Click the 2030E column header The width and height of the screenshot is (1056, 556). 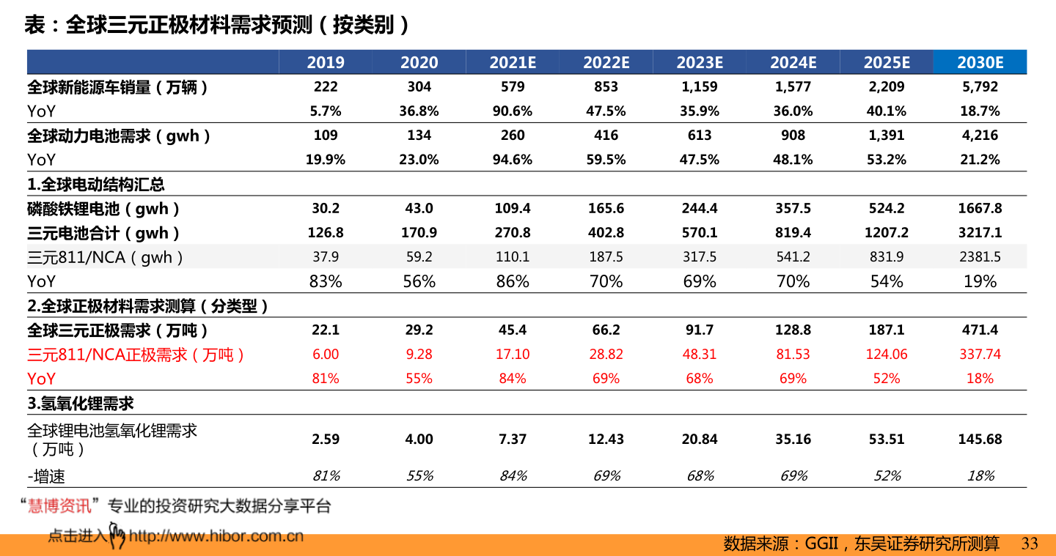pos(980,62)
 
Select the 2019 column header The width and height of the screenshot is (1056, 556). pos(326,62)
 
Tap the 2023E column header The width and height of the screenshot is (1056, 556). pos(700,62)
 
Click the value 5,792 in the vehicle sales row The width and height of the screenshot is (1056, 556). pos(980,86)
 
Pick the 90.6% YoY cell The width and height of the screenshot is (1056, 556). pos(513,111)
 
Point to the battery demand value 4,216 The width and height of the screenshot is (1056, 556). pos(980,135)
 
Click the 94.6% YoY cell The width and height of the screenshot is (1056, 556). pos(513,159)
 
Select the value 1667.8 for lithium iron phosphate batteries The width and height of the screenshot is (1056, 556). pos(980,208)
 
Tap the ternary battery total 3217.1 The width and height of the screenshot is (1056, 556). pos(980,232)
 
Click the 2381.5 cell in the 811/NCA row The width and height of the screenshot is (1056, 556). pos(980,256)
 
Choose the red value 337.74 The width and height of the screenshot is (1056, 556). pos(980,354)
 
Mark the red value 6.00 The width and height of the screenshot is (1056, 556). pos(326,354)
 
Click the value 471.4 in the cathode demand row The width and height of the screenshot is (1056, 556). pos(980,330)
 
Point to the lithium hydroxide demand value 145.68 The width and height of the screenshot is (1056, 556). pos(980,439)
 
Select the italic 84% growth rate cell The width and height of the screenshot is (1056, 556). pos(513,475)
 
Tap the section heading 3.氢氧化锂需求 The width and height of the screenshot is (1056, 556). pos(81,403)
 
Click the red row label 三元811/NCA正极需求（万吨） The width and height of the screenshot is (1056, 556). pos(136,355)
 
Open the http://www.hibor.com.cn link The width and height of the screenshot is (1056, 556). pos(216,536)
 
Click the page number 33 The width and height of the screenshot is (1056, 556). pos(1030,544)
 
